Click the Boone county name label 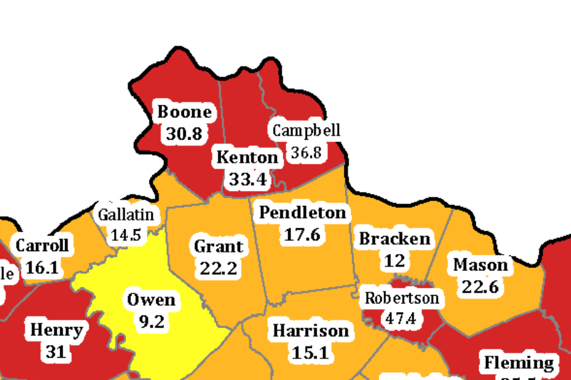[x=185, y=113]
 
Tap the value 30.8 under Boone [x=184, y=134]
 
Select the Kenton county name [x=247, y=158]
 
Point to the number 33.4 [x=247, y=179]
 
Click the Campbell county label [x=306, y=131]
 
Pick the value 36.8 [x=306, y=152]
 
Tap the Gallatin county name [x=126, y=214]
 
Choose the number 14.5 [x=125, y=235]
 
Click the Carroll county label [x=42, y=246]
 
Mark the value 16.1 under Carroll [x=43, y=267]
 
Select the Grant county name [x=218, y=246]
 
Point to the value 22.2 [x=218, y=269]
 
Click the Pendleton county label [x=302, y=213]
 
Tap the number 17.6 [x=302, y=234]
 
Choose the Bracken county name [x=395, y=239]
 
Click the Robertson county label [x=402, y=297]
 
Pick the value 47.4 [x=401, y=319]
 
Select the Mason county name [x=481, y=265]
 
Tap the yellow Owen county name [x=151, y=300]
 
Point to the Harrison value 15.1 [x=311, y=352]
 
